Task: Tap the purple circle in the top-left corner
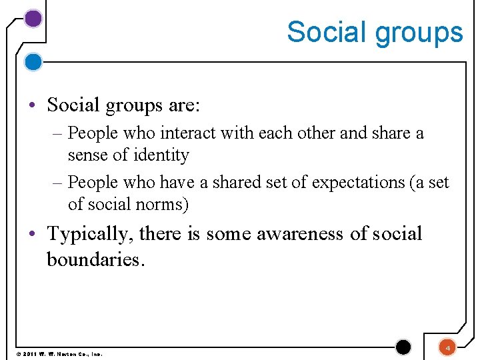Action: click(33, 19)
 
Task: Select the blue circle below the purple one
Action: click(33, 62)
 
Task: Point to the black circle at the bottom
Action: click(403, 347)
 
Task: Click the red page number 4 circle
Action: click(448, 347)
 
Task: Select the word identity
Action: click(161, 155)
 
